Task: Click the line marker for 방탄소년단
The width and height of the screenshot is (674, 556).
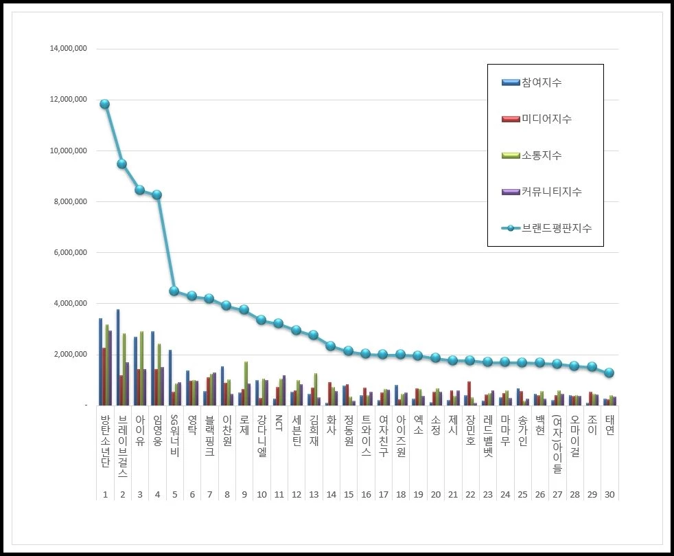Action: tap(104, 104)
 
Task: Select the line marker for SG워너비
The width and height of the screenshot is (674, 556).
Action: tap(174, 291)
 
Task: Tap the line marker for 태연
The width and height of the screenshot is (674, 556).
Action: tap(609, 372)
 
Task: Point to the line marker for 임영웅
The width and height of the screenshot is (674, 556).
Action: tap(156, 194)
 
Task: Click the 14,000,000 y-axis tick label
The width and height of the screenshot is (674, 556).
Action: tap(67, 49)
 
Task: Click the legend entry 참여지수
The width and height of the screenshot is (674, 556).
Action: tap(542, 82)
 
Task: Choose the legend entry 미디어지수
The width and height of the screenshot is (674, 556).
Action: tap(546, 119)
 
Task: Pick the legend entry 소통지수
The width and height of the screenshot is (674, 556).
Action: tap(542, 155)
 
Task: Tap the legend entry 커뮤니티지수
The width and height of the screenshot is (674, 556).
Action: tap(551, 192)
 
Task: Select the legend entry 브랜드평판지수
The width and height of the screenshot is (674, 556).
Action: tap(556, 228)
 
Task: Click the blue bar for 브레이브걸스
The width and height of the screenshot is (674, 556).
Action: tap(118, 357)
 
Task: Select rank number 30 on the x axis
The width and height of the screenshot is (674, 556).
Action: tap(609, 494)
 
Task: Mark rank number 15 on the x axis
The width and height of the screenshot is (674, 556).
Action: tap(348, 494)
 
